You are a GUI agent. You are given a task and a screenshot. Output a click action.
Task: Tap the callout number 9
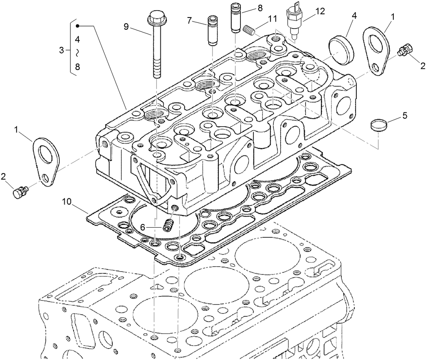pyautogui.click(x=126, y=26)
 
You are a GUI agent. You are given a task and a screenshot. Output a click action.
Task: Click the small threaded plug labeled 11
pyautogui.click(x=249, y=29)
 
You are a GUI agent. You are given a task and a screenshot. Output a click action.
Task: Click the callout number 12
pyautogui.click(x=320, y=11)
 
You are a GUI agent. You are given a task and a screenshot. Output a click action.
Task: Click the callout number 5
pyautogui.click(x=404, y=115)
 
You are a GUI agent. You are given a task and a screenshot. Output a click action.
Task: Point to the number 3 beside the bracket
pyautogui.click(x=61, y=50)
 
